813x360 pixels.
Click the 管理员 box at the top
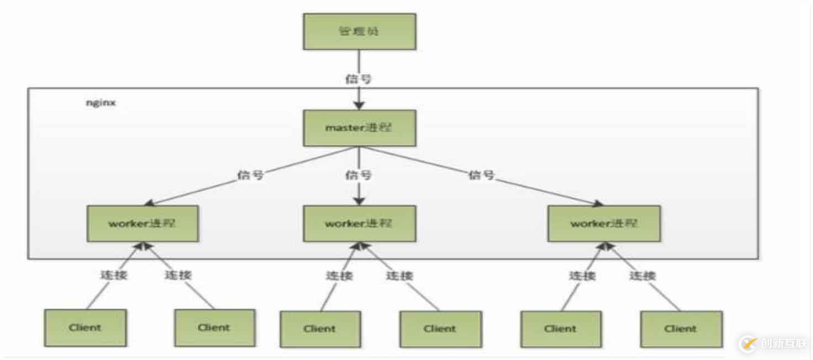pyautogui.click(x=359, y=31)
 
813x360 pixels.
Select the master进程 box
pyautogui.click(x=359, y=128)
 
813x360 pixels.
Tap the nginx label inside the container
pyautogui.click(x=100, y=103)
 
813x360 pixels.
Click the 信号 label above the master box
pyautogui.click(x=358, y=78)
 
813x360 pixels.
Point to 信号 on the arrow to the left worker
pyautogui.click(x=250, y=175)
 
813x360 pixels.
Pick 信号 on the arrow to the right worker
pyautogui.click(x=482, y=176)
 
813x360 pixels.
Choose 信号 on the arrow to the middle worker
pyautogui.click(x=358, y=175)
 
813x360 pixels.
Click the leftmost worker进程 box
pyautogui.click(x=142, y=224)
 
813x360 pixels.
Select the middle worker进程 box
pyautogui.click(x=359, y=224)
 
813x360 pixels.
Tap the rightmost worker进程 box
pyautogui.click(x=604, y=224)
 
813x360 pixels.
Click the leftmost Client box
pyautogui.click(x=85, y=327)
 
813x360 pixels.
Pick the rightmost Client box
pyautogui.click(x=681, y=329)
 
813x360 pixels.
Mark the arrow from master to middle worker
pyautogui.click(x=359, y=193)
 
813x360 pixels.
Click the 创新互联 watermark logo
pyautogui.click(x=773, y=343)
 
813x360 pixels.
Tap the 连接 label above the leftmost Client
pyautogui.click(x=114, y=274)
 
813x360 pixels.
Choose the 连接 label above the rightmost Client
pyautogui.click(x=642, y=274)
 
